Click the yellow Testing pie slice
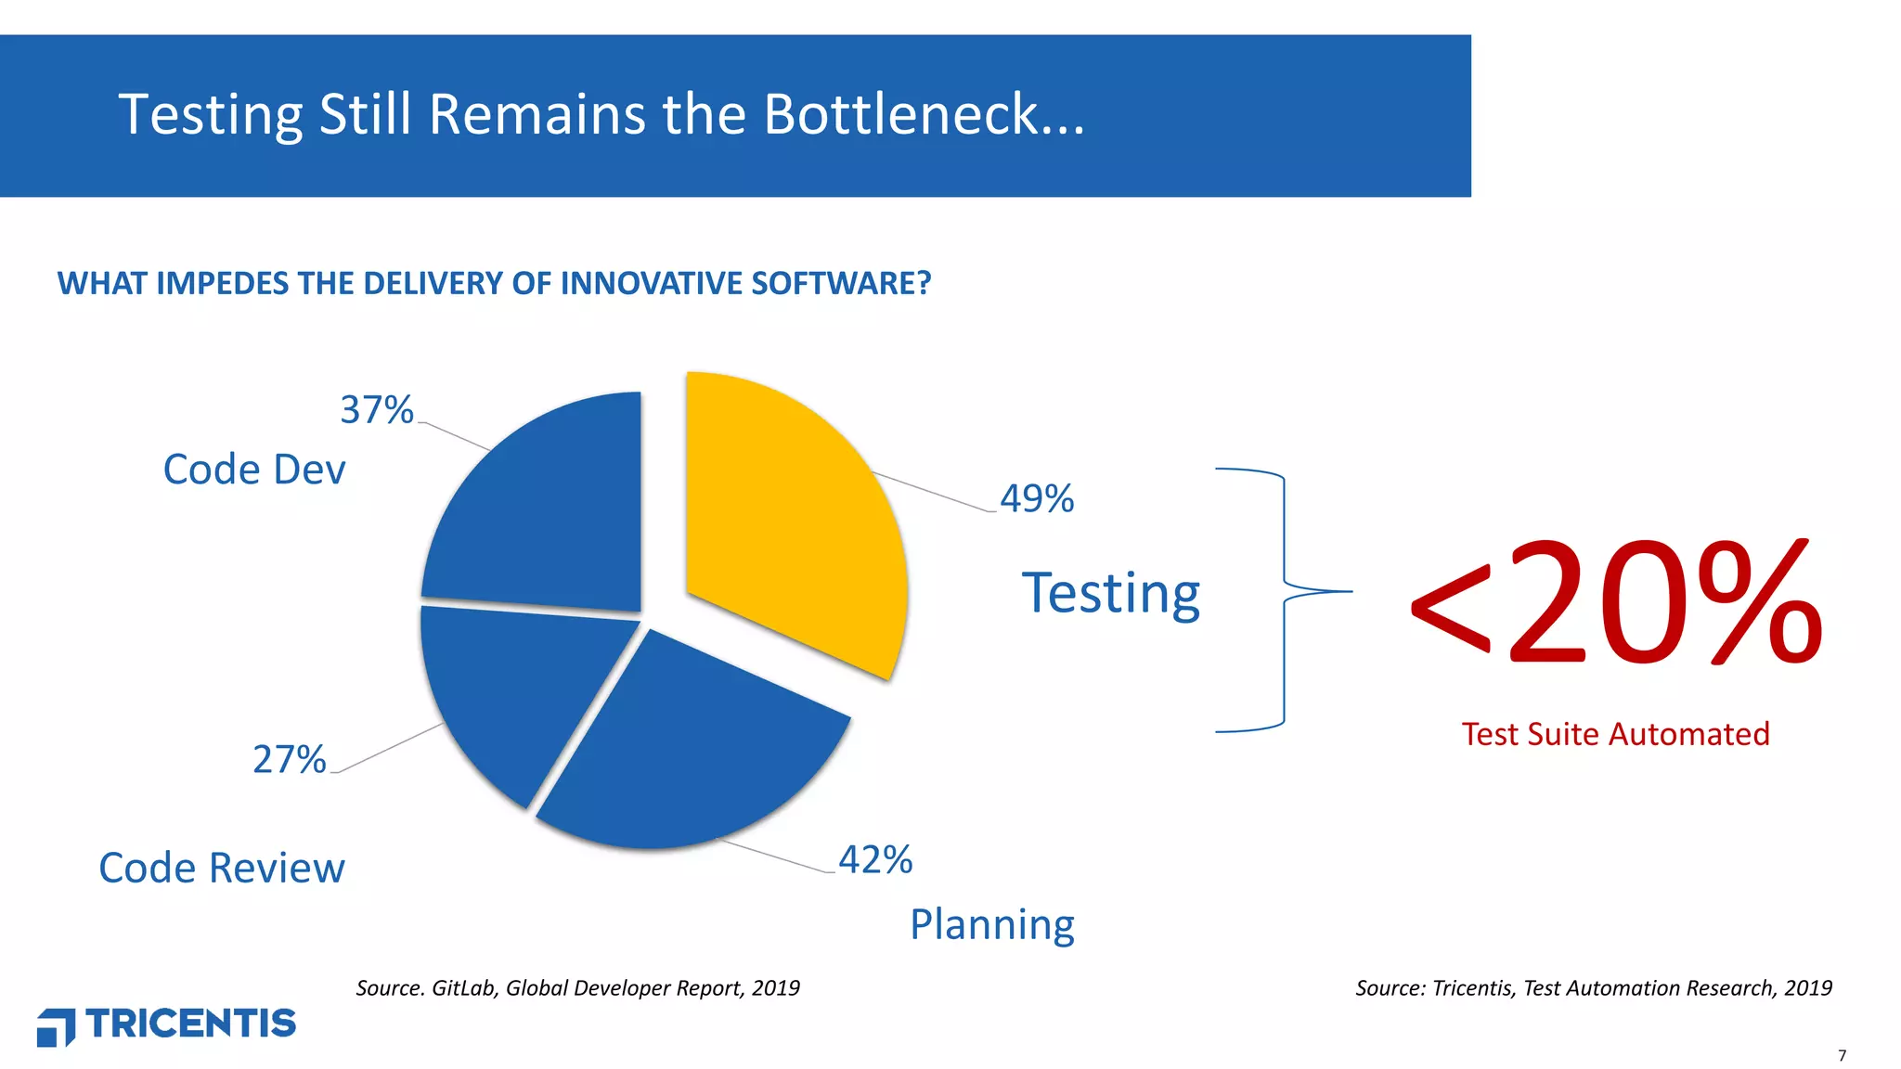click(789, 520)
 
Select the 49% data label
click(1037, 499)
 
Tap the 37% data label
click(376, 410)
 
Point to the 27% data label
click(290, 760)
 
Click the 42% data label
click(875, 860)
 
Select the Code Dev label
click(254, 470)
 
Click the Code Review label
click(222, 869)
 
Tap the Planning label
click(992, 925)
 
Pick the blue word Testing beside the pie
click(1111, 594)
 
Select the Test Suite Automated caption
click(1615, 734)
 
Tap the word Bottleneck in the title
click(924, 115)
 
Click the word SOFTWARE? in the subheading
click(841, 283)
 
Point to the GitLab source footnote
click(577, 988)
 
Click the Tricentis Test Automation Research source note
click(1593, 988)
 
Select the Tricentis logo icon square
click(56, 1027)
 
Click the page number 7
click(1842, 1056)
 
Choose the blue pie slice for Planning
click(692, 752)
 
